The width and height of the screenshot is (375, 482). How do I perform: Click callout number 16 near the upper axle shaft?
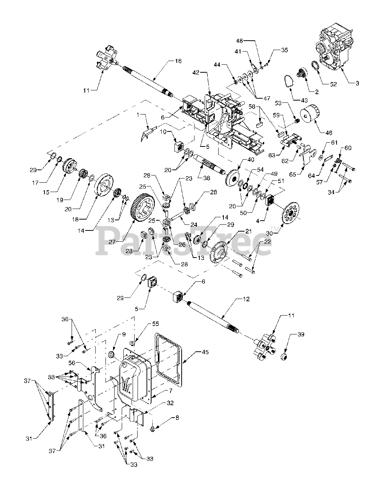[x=178, y=61]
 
